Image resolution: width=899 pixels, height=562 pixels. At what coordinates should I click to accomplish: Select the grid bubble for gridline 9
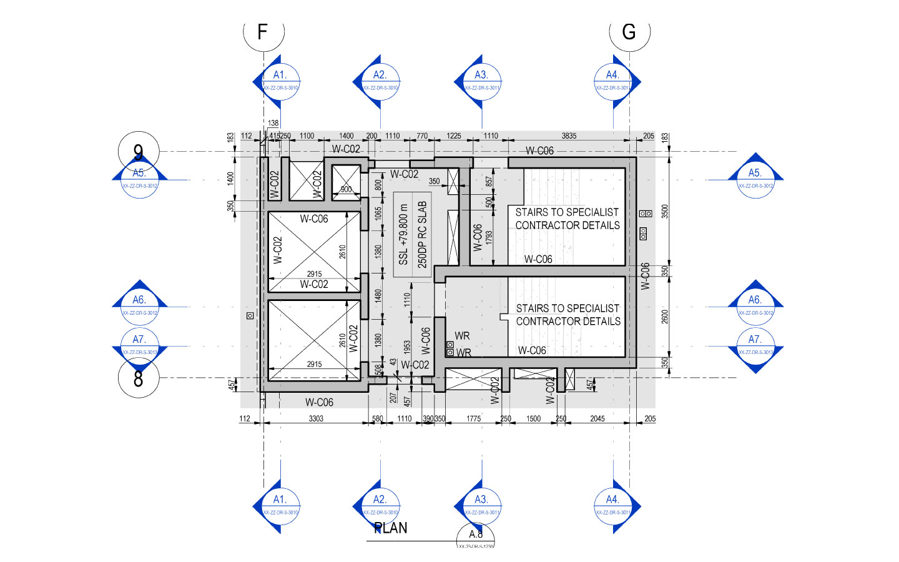tap(139, 151)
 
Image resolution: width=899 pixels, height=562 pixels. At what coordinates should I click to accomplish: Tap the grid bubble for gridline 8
tap(139, 378)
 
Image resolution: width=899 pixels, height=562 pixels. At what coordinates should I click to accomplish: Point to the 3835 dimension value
tap(569, 136)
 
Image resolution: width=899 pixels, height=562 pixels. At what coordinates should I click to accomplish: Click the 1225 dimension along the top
tap(454, 136)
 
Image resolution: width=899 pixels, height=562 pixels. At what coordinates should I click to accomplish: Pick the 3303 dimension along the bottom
tap(316, 418)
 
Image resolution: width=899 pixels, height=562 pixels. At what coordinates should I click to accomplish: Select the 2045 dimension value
tap(597, 418)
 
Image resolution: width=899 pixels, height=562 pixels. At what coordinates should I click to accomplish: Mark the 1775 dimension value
tap(474, 418)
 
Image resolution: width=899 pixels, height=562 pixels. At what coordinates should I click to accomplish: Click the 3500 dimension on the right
tap(665, 211)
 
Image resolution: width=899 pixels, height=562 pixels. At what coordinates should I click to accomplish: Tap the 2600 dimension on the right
tap(665, 317)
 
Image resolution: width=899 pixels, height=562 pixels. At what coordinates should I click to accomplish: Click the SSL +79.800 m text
tap(403, 234)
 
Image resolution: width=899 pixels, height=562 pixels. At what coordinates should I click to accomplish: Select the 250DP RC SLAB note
tap(422, 234)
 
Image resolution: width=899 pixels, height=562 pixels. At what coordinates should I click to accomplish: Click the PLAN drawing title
tap(391, 528)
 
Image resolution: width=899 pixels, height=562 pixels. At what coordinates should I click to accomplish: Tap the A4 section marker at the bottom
tap(613, 506)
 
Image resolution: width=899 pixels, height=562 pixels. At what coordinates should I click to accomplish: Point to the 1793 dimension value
tap(489, 237)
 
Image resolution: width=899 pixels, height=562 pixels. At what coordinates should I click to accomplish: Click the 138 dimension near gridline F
tap(273, 123)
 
